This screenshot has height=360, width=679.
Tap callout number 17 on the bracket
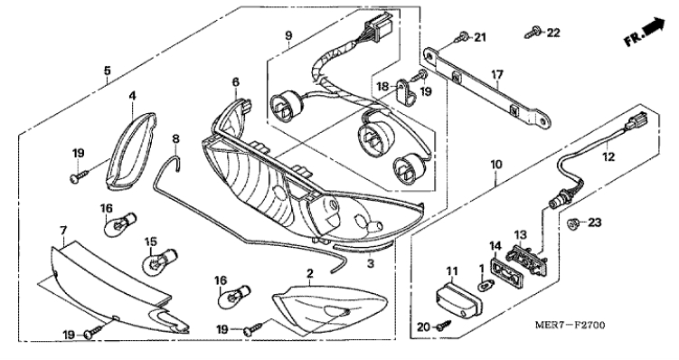497,75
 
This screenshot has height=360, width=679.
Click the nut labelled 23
572,223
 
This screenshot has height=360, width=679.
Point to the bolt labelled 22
533,32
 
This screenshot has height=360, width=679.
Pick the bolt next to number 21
461,37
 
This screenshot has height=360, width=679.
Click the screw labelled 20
444,325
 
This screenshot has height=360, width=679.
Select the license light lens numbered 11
458,299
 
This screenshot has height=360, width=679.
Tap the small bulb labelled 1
487,286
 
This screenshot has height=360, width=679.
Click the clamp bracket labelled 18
405,92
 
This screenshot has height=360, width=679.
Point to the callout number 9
288,35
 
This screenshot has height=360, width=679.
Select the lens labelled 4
131,151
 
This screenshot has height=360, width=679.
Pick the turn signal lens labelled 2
329,308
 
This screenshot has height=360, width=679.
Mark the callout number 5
108,71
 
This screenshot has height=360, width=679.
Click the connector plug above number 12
636,119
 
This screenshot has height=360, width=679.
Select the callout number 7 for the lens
63,230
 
